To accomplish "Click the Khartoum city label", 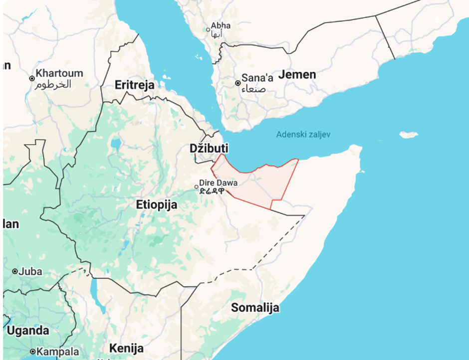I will pyautogui.click(x=59, y=73).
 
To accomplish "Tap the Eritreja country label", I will pyautogui.click(x=135, y=85).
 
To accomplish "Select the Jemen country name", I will pyautogui.click(x=297, y=75).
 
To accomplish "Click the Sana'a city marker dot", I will pyautogui.click(x=238, y=83).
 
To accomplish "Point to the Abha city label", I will pyautogui.click(x=221, y=25).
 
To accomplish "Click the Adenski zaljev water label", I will pyautogui.click(x=303, y=134).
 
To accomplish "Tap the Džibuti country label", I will pyautogui.click(x=209, y=148).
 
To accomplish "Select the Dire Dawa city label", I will pyautogui.click(x=218, y=183).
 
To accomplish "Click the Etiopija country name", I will pyautogui.click(x=157, y=204).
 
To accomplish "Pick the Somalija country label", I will pyautogui.click(x=254, y=307).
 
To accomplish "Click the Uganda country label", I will pyautogui.click(x=28, y=331).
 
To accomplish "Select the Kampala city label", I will pyautogui.click(x=57, y=352).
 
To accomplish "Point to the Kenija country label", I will pyautogui.click(x=126, y=348).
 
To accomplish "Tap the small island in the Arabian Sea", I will pyautogui.click(x=409, y=135).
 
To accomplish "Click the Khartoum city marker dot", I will pyautogui.click(x=32, y=78).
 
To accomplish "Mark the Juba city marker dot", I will pyautogui.click(x=15, y=272).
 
